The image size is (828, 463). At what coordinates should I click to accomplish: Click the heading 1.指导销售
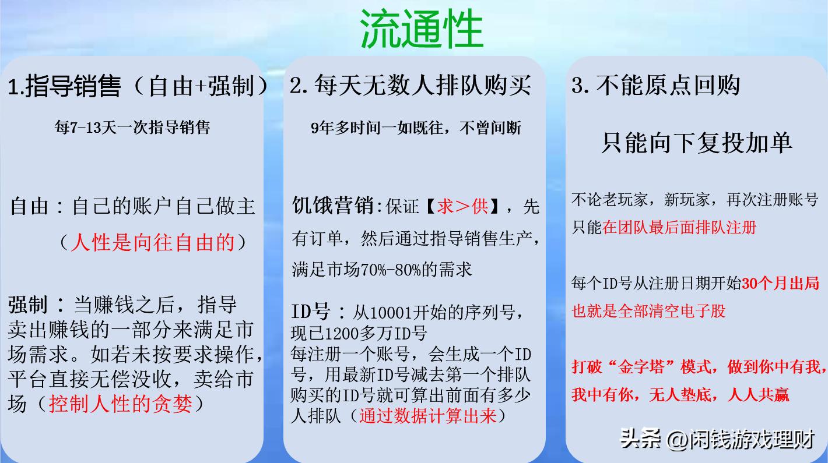tap(64, 87)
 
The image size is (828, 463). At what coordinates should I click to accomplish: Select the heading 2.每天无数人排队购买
tap(411, 86)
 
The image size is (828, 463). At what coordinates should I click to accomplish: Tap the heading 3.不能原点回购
tap(656, 86)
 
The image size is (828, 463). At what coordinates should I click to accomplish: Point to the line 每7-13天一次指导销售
tap(132, 128)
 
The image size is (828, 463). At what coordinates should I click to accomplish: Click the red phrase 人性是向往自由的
tap(152, 242)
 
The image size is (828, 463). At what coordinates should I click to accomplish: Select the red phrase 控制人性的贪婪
tap(120, 404)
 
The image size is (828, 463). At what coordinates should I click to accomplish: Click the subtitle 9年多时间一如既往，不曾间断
tap(416, 128)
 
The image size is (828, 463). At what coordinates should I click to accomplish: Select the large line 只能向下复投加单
tap(696, 143)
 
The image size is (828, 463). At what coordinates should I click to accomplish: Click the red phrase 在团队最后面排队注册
tap(679, 227)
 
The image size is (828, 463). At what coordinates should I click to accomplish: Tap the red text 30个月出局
tap(782, 284)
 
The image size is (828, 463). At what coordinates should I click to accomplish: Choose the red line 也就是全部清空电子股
tap(648, 310)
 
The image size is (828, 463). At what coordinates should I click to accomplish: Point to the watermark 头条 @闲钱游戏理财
tap(717, 439)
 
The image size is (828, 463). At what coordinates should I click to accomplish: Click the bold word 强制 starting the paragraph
tap(27, 304)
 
